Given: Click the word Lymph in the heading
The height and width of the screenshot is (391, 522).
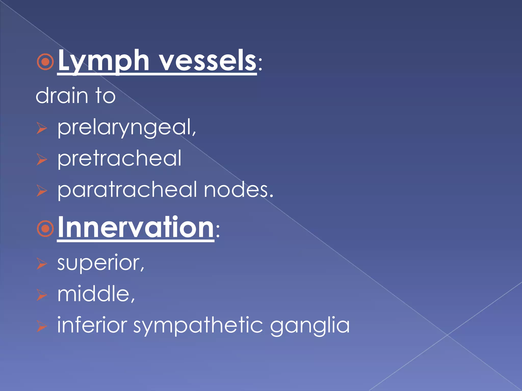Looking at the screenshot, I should [103, 61].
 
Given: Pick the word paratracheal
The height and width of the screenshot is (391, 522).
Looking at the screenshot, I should [127, 190].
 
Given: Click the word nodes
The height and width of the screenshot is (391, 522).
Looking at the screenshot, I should [238, 190].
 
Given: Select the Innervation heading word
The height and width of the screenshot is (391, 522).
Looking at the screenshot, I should [136, 227].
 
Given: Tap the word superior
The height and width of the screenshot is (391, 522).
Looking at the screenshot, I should [101, 263].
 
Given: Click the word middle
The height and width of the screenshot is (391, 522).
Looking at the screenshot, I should [96, 294].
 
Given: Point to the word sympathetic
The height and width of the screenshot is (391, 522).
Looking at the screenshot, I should [198, 326].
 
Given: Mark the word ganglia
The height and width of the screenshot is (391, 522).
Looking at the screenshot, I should [310, 326].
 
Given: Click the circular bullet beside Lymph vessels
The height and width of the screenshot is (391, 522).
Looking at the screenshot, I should [45, 62].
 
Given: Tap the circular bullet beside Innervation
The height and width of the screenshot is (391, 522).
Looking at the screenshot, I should [45, 229].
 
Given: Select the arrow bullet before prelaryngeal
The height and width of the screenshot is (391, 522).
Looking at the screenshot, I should [42, 128].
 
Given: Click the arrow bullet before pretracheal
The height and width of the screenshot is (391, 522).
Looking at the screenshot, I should [42, 159].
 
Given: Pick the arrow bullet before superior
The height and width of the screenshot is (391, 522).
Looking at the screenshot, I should [42, 263].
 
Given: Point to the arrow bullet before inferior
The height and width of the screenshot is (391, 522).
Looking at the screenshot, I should [42, 326].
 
